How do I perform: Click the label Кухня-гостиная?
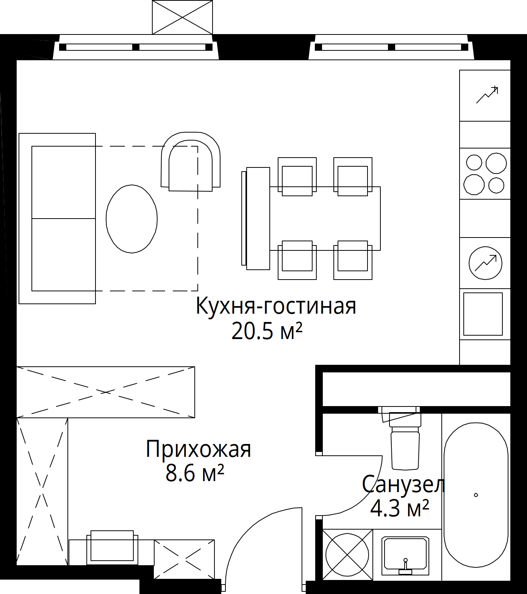coord(276,306)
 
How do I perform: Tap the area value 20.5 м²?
coord(267,331)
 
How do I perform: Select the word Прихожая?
coord(199,450)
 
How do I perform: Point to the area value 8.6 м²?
coord(195,474)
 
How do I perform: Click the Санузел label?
coord(403,484)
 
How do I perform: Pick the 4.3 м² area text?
coord(399,508)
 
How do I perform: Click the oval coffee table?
coord(131,219)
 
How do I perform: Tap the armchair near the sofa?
coord(191,162)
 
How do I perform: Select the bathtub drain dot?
coord(476,495)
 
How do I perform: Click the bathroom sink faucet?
coord(405,566)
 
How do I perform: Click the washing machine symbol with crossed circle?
coord(347,555)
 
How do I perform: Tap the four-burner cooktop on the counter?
coord(485,174)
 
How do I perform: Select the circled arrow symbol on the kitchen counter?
coord(485,263)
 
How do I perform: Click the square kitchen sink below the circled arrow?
coord(483,314)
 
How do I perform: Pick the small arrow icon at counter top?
coord(487,95)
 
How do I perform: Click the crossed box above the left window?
coord(182,17)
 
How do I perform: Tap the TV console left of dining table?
coord(256,219)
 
